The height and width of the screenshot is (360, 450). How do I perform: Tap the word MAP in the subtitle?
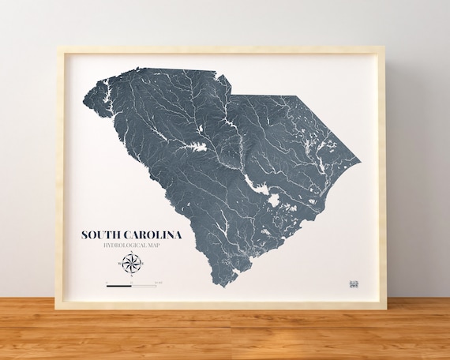pos(161,247)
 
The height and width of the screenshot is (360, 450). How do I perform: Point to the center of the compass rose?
pos(131,264)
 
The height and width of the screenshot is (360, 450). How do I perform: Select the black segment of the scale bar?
pos(119,283)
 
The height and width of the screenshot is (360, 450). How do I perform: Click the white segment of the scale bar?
pos(144,283)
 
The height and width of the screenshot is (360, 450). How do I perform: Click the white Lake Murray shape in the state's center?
pos(194,148)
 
